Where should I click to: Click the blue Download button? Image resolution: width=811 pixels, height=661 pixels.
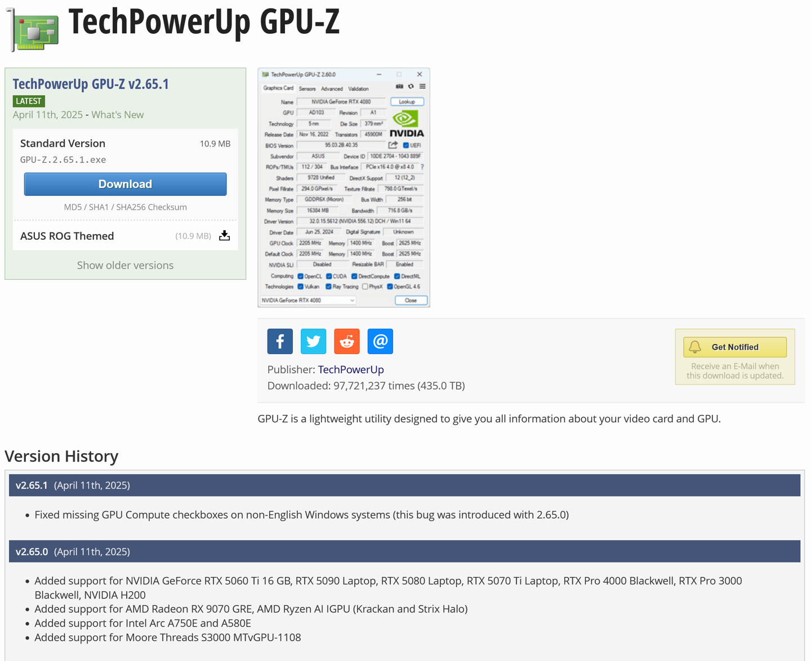click(125, 184)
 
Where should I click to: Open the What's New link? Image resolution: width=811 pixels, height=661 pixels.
click(117, 115)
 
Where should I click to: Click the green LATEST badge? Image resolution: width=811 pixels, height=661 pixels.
click(29, 101)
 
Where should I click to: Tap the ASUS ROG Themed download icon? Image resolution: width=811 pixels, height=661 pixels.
click(224, 236)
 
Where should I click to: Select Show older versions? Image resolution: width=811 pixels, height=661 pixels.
click(125, 265)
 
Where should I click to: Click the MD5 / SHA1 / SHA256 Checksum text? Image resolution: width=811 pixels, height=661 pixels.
click(125, 207)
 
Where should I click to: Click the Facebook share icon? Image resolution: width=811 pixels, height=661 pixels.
click(280, 341)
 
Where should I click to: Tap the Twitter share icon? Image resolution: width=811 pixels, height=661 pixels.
click(313, 341)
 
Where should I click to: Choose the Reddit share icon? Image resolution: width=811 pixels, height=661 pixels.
click(347, 341)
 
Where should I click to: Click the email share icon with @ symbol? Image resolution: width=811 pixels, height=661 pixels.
click(380, 341)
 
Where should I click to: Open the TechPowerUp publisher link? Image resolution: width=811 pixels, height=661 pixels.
click(351, 370)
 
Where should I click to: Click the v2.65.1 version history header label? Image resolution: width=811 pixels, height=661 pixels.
click(32, 485)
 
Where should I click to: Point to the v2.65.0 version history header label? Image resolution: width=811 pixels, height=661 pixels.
click(32, 552)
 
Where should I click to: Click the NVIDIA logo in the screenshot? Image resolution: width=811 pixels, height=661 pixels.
click(406, 124)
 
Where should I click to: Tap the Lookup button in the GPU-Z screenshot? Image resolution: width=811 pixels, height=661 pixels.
click(407, 102)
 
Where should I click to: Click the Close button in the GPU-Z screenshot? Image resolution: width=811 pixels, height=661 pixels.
click(411, 301)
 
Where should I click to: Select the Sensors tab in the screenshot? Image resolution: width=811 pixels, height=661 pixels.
click(307, 89)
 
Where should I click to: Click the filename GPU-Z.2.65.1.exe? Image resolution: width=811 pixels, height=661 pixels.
click(63, 160)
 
